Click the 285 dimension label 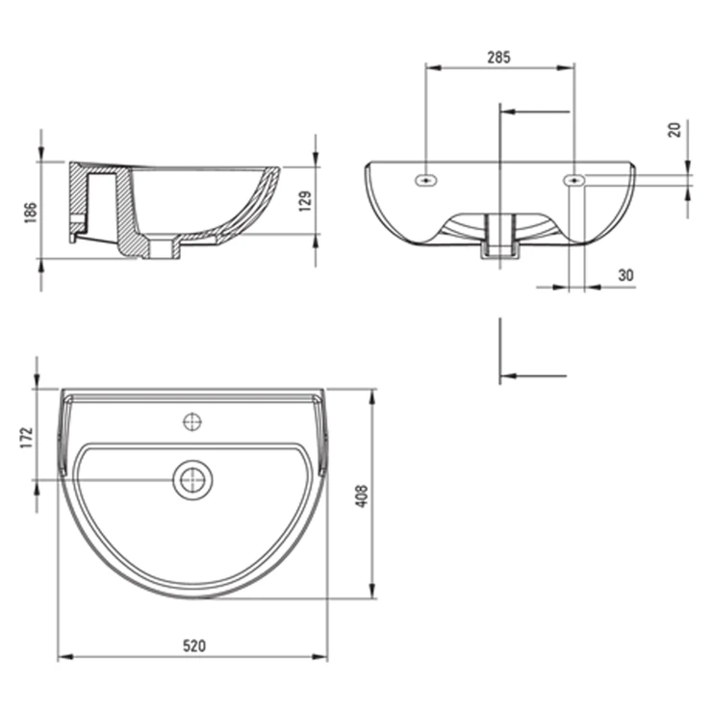(498, 58)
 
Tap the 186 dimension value (30, 213)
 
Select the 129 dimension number (306, 201)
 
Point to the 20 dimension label (674, 130)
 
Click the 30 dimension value (625, 275)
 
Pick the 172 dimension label (26, 438)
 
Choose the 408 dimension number (362, 496)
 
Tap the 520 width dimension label (194, 646)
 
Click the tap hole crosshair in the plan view (192, 422)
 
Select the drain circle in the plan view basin (192, 480)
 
